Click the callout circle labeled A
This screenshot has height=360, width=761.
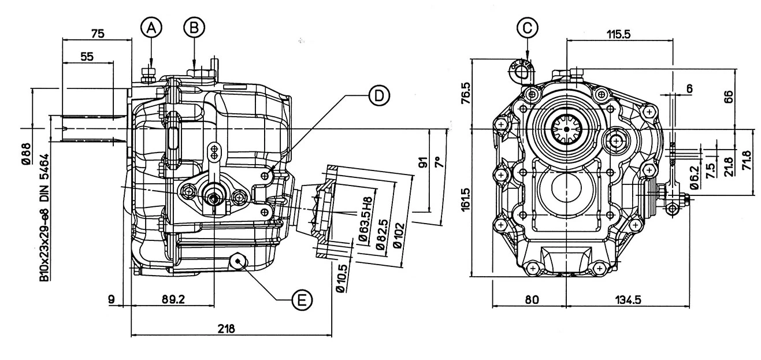pyautogui.click(x=150, y=26)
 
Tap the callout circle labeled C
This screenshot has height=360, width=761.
pyautogui.click(x=528, y=27)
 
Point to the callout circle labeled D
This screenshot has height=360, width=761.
pyautogui.click(x=377, y=96)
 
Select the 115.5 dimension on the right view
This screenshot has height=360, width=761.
pyautogui.click(x=618, y=35)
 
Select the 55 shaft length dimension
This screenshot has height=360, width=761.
pyautogui.click(x=87, y=56)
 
